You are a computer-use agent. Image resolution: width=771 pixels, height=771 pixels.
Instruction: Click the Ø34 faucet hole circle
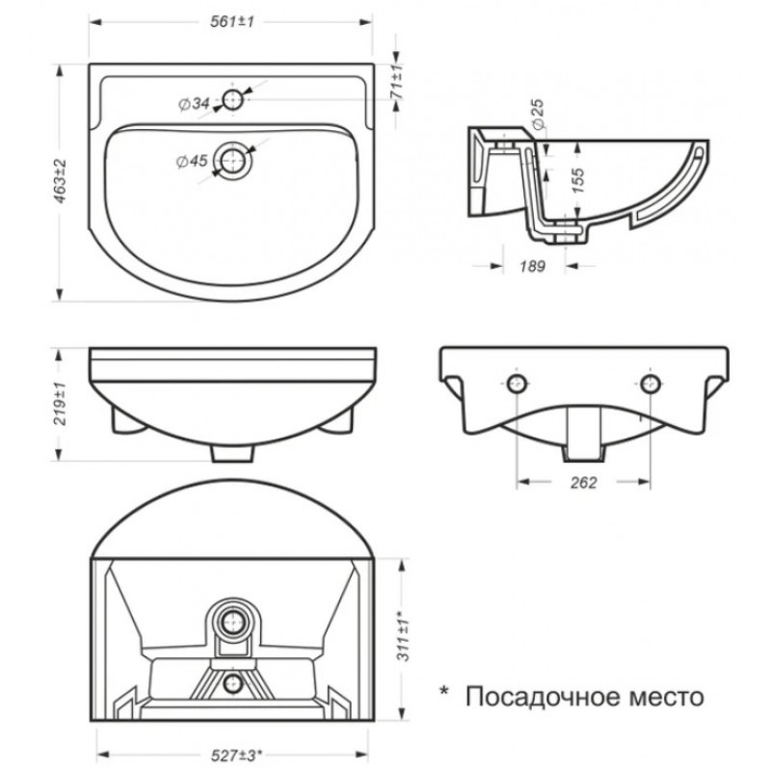point(231,99)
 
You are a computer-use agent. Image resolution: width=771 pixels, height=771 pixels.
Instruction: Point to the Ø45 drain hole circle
point(231,160)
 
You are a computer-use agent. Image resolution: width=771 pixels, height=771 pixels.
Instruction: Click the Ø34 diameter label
point(194,103)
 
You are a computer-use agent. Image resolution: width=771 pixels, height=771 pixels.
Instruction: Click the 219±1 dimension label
point(58,403)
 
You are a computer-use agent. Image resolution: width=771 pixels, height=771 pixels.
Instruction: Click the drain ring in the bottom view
point(230,623)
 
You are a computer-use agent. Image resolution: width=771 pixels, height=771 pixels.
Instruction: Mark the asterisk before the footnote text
point(444,691)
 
